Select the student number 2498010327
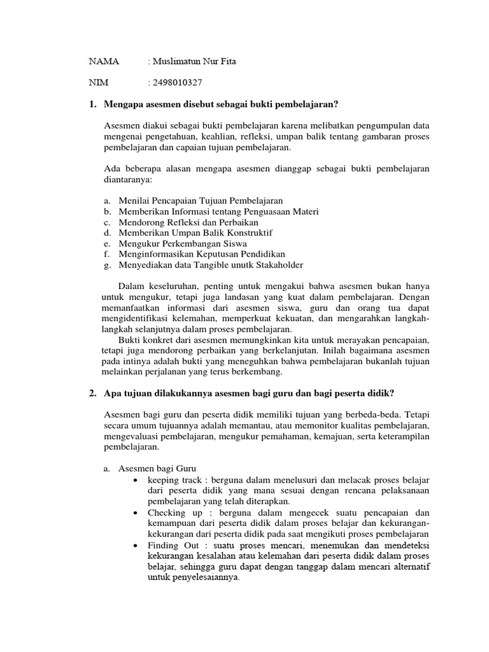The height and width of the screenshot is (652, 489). [178, 82]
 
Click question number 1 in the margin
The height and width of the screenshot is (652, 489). [93, 104]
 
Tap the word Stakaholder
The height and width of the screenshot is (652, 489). [277, 265]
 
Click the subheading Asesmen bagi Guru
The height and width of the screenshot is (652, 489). [157, 469]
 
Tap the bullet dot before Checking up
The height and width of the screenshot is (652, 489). [137, 513]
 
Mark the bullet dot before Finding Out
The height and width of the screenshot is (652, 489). [137, 546]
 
